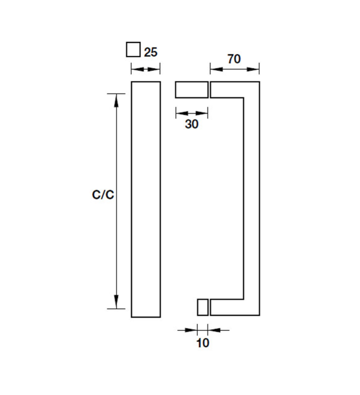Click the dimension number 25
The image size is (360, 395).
click(151, 52)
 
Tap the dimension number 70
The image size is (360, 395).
click(234, 59)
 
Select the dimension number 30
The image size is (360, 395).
click(192, 124)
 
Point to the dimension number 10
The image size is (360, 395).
click(203, 343)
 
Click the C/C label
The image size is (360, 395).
click(103, 195)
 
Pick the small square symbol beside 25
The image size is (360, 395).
click(133, 49)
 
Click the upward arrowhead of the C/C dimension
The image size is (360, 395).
click(116, 101)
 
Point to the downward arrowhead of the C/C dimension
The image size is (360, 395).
click(116, 302)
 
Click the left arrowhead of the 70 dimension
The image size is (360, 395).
click(217, 69)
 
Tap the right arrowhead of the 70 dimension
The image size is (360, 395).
click(253, 69)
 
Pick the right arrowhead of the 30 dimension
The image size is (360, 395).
click(202, 113)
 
